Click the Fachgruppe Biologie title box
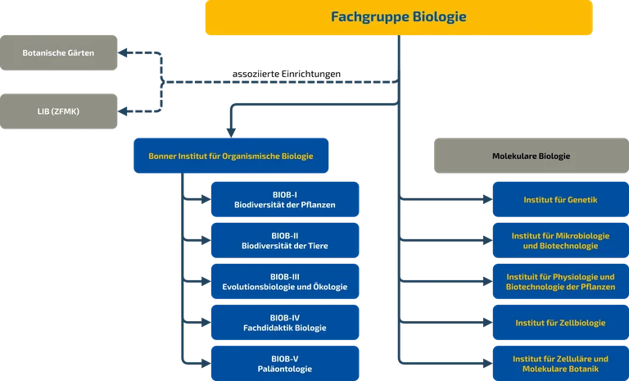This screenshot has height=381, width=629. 399,18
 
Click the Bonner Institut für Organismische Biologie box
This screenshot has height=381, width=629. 229,155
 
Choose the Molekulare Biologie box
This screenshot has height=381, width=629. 531,156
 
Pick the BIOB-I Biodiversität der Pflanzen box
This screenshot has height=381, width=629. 284,199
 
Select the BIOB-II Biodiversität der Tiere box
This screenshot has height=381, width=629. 284,240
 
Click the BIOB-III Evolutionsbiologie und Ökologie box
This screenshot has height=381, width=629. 284,281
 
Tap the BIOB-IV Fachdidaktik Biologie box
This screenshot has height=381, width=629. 284,322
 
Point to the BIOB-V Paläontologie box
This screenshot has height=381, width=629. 284,363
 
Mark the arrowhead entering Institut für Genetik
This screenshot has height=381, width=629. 488,199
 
